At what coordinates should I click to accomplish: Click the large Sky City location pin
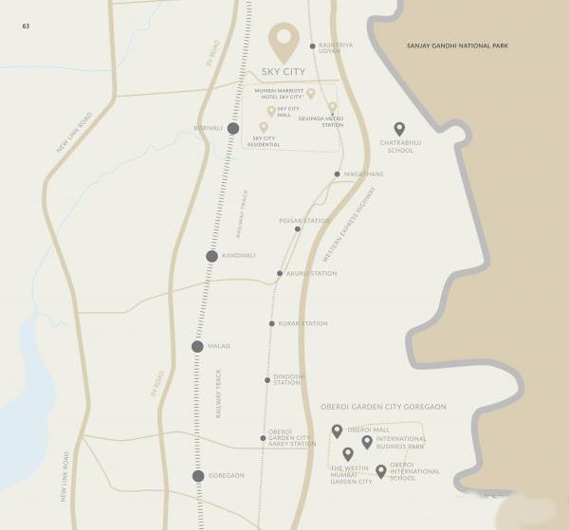283,42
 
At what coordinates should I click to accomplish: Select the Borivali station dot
232,128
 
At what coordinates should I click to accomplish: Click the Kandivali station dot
212,256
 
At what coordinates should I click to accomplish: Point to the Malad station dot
197,347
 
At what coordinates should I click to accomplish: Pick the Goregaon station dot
198,476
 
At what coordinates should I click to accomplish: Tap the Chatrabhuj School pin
399,129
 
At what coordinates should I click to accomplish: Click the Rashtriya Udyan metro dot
312,46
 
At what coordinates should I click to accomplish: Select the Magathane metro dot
337,174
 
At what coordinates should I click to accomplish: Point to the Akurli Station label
311,274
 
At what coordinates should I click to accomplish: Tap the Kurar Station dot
271,324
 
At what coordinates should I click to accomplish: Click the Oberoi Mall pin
337,431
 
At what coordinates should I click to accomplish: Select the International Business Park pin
367,442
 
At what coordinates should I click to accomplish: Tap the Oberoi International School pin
380,471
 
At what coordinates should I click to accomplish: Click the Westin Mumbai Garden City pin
348,454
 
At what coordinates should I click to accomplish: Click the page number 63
26,25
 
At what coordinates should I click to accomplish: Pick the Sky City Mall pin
271,111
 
